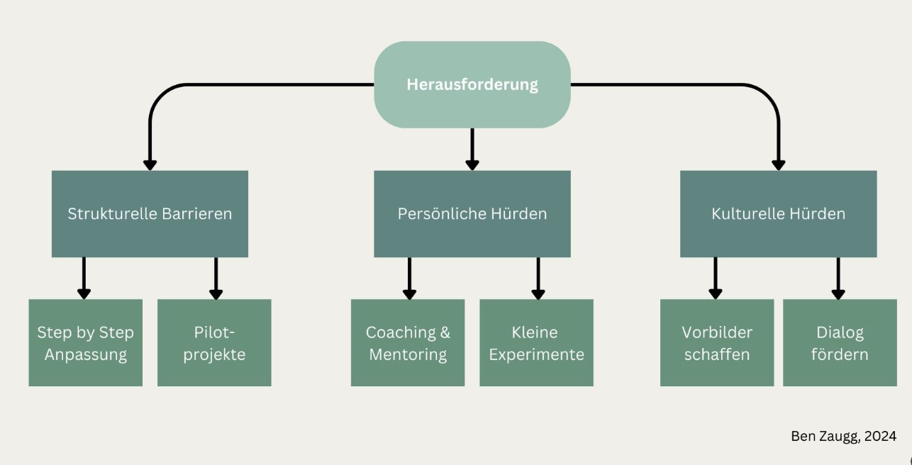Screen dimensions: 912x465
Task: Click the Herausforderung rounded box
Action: click(472, 84)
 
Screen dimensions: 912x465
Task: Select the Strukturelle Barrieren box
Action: click(150, 214)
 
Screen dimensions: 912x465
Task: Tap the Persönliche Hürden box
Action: click(472, 214)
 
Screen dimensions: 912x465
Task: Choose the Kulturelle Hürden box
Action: click(779, 214)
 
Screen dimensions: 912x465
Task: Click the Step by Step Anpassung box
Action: click(86, 342)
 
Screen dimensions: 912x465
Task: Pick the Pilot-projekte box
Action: click(214, 342)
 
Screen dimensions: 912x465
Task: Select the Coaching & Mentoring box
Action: click(408, 342)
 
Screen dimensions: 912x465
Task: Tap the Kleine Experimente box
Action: click(536, 342)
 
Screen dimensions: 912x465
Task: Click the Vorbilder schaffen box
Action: click(717, 342)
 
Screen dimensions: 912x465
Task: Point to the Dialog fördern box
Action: click(840, 342)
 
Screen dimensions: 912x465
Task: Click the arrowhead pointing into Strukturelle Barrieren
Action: click(150, 165)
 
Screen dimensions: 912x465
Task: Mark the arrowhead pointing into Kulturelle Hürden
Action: click(779, 165)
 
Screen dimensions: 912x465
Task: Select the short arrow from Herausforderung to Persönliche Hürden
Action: click(472, 150)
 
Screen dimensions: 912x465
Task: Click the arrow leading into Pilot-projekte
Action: click(216, 279)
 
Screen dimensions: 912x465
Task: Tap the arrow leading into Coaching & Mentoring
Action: click(409, 279)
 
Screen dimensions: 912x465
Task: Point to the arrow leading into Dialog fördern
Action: click(838, 279)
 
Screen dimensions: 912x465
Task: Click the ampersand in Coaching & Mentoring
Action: click(445, 332)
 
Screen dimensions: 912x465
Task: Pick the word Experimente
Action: click(537, 354)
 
